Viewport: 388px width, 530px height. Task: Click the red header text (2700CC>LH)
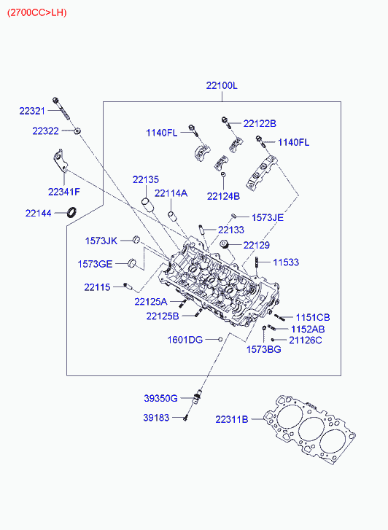point(37,13)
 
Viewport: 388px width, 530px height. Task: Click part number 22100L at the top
point(222,85)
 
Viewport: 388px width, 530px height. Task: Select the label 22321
point(32,111)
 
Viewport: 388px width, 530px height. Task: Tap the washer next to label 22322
point(78,130)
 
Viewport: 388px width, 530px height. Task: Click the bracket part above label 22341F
point(60,161)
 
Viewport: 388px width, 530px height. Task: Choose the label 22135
point(146,180)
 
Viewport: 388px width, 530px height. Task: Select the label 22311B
point(232,419)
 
